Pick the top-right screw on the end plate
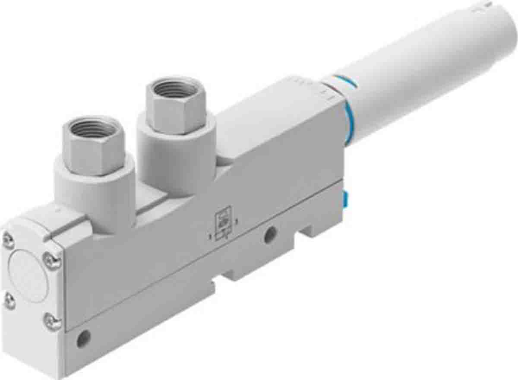click(x=52, y=260)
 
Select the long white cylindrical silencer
click(x=423, y=73)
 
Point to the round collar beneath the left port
click(x=93, y=190)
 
